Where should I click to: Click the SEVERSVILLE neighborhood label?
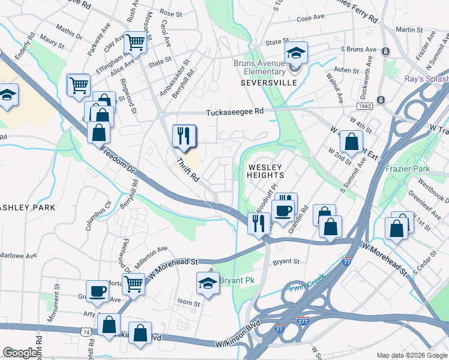(x=269, y=82)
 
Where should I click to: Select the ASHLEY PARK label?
(x=28, y=207)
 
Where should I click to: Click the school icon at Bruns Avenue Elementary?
(x=296, y=54)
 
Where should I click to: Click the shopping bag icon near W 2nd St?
(x=351, y=142)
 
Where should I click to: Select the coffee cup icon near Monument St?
(x=97, y=292)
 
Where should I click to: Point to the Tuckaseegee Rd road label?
(x=235, y=112)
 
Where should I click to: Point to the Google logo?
(x=20, y=353)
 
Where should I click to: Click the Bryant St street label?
(x=286, y=262)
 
